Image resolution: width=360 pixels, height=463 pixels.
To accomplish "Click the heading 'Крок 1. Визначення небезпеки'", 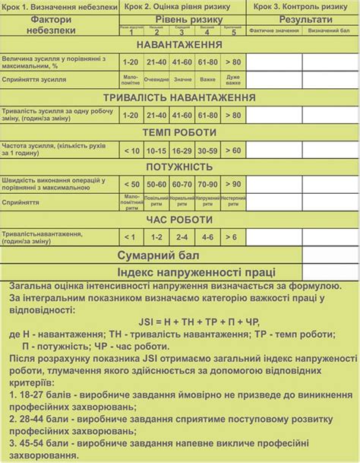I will (x=60, y=6).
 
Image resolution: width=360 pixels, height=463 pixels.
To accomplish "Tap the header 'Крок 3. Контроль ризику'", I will (x=302, y=6).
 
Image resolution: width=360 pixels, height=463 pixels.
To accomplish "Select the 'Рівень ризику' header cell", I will (x=182, y=18).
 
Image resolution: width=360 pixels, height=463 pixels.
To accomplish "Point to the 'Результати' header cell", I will (x=305, y=18).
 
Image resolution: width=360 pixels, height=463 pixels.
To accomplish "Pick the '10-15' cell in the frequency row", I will (x=156, y=151).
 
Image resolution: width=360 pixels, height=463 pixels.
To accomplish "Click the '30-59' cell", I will (x=207, y=151).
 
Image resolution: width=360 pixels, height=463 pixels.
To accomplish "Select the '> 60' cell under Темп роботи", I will (x=233, y=151).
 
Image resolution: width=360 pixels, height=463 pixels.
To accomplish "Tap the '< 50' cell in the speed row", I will (x=131, y=184).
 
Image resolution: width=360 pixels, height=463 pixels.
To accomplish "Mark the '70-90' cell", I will (x=207, y=184).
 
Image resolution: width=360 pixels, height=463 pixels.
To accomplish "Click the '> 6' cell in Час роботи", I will (x=233, y=236).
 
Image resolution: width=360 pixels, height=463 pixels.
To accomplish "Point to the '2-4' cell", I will (x=182, y=236).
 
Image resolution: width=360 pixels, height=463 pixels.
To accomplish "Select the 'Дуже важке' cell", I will (x=233, y=78).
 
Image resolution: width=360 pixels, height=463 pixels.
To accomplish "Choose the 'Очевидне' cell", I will (x=156, y=78).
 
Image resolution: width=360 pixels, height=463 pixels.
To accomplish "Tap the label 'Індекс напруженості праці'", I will (x=196, y=271).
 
